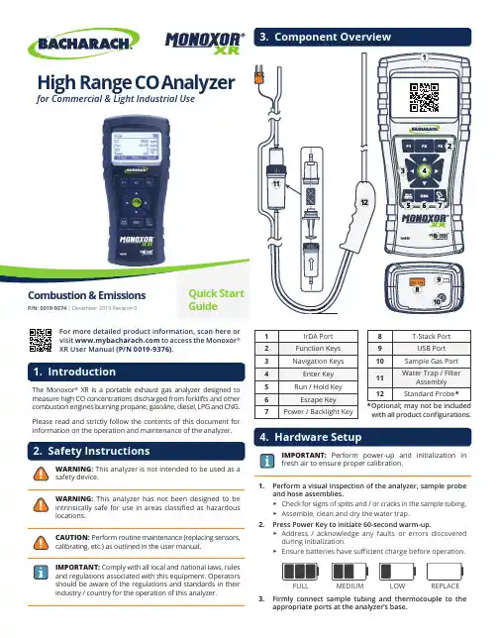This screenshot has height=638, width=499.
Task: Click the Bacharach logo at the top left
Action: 83,44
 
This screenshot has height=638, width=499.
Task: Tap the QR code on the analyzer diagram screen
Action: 424,98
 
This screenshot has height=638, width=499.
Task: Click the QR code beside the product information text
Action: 41,340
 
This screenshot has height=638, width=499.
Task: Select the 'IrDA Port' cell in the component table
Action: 318,336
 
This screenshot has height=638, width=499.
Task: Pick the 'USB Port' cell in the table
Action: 431,349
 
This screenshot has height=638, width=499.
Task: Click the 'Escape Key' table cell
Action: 318,399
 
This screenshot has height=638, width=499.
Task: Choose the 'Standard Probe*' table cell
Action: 431,394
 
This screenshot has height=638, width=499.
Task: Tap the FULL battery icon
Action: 301,572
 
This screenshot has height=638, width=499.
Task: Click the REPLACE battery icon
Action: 445,572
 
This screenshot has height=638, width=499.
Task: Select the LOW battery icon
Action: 397,572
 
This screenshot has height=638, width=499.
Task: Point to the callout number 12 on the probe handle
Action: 364,202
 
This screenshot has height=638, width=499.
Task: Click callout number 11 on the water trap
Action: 276,183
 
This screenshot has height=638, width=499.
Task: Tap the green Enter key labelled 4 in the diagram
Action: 424,170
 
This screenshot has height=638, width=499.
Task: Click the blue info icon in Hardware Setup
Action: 266,461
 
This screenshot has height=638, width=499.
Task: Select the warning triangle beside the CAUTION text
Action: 41,542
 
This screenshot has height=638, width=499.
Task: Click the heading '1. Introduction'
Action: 74,372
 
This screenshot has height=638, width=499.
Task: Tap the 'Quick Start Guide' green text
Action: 216,300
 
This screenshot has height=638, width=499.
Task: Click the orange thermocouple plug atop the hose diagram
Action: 258,75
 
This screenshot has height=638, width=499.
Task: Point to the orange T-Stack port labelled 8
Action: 417,282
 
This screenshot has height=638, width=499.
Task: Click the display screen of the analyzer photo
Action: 137,146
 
